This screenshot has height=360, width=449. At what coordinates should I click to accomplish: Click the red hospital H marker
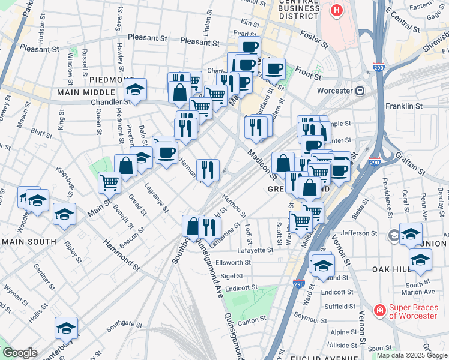pos(336,10)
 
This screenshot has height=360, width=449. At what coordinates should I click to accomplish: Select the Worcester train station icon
pos(360,91)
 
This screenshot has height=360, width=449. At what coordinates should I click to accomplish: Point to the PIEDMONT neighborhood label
pos(112,80)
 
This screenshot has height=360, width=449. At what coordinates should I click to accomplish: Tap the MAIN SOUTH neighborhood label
pos(28,242)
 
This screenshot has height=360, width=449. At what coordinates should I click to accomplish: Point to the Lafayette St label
pos(256,250)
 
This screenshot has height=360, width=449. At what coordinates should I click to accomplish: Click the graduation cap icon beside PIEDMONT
pos(136,91)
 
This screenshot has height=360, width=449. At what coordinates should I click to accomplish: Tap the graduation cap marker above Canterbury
pos(66,328)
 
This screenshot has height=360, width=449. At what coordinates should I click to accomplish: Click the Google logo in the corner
pos(20,353)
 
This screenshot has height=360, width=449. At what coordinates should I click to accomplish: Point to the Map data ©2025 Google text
pos(411,355)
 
